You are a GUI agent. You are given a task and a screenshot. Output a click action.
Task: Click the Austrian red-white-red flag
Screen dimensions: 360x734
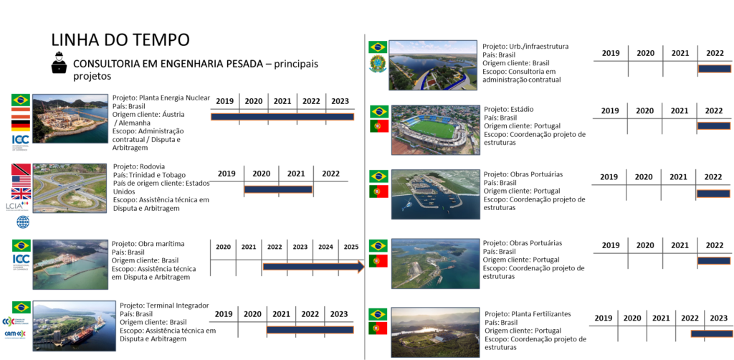21,113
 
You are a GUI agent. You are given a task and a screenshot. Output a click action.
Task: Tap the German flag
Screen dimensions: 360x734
21,126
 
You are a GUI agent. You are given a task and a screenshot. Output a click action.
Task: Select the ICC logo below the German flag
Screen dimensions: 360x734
21,142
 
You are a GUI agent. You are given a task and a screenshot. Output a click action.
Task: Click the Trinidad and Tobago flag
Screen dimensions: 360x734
21,170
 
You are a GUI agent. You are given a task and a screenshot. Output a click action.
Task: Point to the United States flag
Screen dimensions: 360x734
21,181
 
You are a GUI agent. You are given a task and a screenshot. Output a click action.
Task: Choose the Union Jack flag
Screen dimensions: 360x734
21,194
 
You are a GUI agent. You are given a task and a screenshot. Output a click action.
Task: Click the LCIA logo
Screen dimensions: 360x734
16,207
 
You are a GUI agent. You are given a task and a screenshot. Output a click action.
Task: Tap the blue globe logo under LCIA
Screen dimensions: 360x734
23,222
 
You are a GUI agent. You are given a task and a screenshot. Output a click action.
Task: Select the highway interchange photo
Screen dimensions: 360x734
70,188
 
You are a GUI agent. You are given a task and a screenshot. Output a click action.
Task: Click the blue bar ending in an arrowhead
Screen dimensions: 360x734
313,267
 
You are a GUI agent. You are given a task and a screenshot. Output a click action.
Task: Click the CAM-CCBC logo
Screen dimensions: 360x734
16,334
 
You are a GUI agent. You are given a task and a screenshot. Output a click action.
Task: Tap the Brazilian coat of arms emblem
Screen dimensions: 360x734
378,64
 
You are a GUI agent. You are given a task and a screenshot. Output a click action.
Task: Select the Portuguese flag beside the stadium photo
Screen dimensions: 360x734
379,126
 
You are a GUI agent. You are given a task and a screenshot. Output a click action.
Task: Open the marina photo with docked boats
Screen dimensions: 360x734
435,194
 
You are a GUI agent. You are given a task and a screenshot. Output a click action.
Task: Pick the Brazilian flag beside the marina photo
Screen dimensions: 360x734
378,176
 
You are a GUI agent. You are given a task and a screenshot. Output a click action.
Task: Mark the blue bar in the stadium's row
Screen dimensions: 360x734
714,126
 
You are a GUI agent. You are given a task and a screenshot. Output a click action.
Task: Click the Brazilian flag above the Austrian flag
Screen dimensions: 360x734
21,100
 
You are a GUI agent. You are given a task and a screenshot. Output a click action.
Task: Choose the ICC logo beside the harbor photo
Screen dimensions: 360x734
21,262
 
